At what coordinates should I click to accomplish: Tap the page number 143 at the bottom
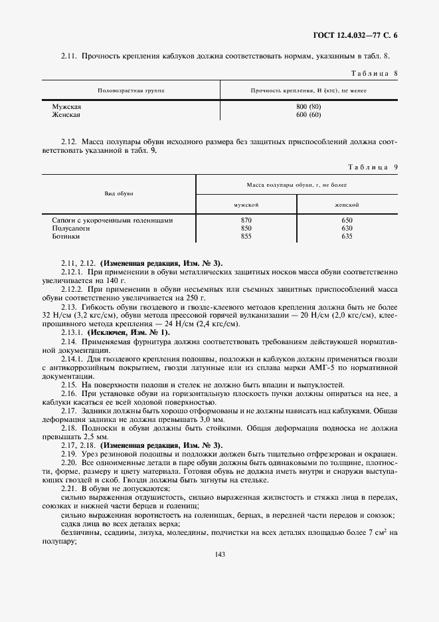tap(220, 555)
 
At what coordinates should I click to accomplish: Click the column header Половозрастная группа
tap(131, 90)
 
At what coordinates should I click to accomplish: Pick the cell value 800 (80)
tap(309, 106)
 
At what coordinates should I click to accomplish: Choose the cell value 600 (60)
tap(309, 114)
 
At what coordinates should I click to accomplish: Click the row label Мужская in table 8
tap(66, 106)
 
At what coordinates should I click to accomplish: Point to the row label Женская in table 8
tap(66, 114)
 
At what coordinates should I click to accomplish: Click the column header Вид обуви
tap(120, 193)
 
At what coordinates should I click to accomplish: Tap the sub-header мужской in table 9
tap(246, 205)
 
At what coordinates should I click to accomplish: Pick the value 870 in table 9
tap(246, 220)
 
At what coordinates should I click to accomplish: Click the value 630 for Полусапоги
tap(346, 228)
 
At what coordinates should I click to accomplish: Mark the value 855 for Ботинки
tap(246, 236)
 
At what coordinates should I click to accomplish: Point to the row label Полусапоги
tap(70, 228)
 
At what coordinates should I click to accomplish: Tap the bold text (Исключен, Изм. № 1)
tap(127, 332)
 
